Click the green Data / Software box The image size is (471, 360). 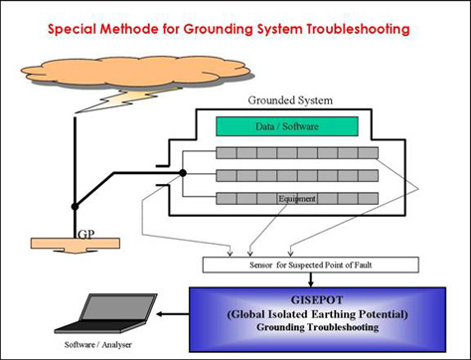click(x=287, y=126)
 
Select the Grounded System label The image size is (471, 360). click(x=290, y=100)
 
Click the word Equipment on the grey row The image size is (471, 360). click(x=297, y=199)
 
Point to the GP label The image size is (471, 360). click(x=86, y=235)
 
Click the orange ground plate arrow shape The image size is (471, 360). click(x=76, y=246)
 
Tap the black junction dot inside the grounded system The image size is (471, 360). click(x=183, y=173)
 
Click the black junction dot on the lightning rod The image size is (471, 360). click(x=76, y=207)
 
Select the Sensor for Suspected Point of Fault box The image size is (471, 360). click(x=311, y=265)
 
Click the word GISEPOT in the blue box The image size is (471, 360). click(x=317, y=300)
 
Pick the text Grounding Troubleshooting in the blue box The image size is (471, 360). click(x=318, y=327)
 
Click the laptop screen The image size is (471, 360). click(x=117, y=308)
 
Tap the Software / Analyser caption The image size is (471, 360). click(x=98, y=345)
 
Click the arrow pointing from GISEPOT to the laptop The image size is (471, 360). click(x=173, y=314)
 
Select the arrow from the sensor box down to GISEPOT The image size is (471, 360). click(x=310, y=280)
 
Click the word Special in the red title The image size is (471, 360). click(x=72, y=29)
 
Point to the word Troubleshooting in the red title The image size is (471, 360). click(x=358, y=29)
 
